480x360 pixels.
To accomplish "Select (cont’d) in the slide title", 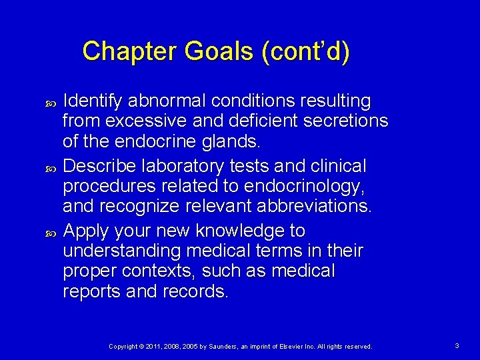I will tap(305, 52).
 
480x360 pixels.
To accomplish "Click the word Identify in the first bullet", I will tap(93, 101).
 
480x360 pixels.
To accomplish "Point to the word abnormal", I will tap(168, 101).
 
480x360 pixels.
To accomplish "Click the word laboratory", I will tap(183, 165).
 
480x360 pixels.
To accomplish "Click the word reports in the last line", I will tap(89, 291).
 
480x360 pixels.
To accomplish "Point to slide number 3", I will tap(457, 346).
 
